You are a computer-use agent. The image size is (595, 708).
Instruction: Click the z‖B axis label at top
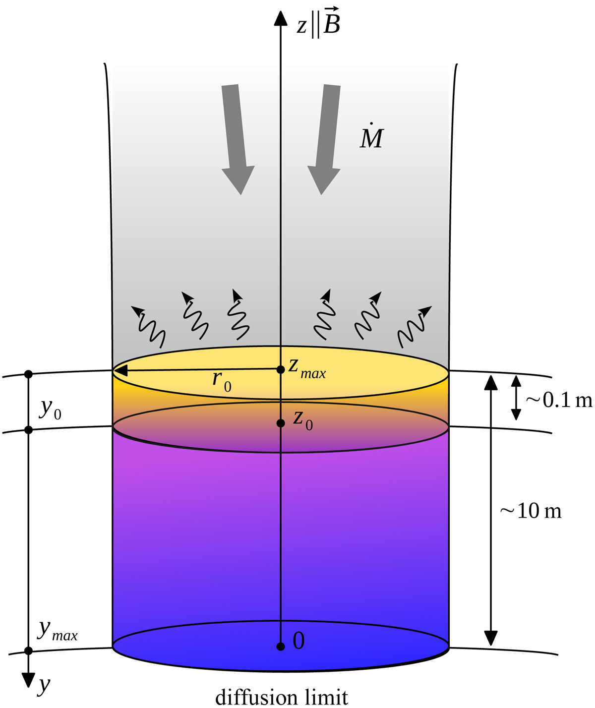tap(318, 23)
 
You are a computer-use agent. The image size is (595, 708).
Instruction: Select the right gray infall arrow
tap(325, 139)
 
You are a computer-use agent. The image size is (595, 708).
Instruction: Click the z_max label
tap(307, 368)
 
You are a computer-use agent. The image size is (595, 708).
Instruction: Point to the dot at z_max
tap(281, 369)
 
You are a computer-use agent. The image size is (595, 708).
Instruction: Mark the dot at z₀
tap(281, 423)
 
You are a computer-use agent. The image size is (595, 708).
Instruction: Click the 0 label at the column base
tap(298, 641)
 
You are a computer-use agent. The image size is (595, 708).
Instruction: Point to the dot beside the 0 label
tap(281, 647)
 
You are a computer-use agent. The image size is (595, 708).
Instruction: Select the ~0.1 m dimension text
tap(559, 400)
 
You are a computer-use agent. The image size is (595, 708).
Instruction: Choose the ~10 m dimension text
tap(531, 511)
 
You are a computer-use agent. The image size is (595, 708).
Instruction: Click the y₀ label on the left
tap(50, 409)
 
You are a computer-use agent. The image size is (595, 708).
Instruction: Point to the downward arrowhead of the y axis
tap(28, 680)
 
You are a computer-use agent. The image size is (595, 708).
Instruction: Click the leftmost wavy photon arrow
tap(149, 327)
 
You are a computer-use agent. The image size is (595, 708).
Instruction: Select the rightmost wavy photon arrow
tap(415, 327)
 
